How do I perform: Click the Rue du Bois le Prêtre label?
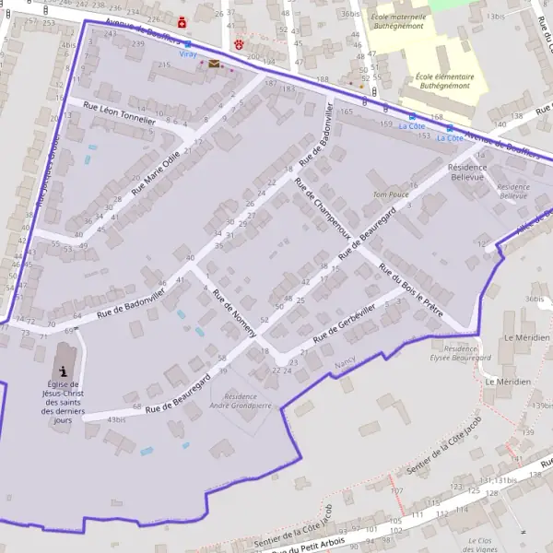pyautogui.click(x=411, y=290)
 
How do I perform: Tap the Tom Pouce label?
pyautogui.click(x=391, y=194)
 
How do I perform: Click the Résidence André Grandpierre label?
pyautogui.click(x=241, y=401)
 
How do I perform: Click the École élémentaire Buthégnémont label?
pyautogui.click(x=445, y=81)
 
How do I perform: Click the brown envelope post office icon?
pyautogui.click(x=214, y=64)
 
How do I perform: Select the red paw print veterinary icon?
pyautogui.click(x=240, y=43)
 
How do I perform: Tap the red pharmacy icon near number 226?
pyautogui.click(x=182, y=21)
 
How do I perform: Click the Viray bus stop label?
pyautogui.click(x=188, y=54)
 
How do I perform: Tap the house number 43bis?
pyautogui.click(x=116, y=420)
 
